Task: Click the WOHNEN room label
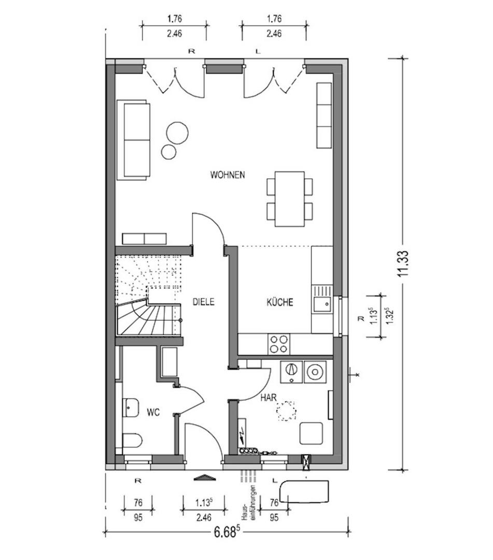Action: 227,175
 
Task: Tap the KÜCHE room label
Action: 280,302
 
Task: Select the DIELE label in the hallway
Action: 203,302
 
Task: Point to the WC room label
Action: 153,412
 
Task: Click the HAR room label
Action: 268,398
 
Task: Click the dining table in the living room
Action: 290,199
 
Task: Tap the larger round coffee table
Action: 177,133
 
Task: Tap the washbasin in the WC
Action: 130,408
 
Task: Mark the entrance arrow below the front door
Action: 204,478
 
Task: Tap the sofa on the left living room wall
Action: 134,141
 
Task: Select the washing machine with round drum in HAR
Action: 315,371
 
